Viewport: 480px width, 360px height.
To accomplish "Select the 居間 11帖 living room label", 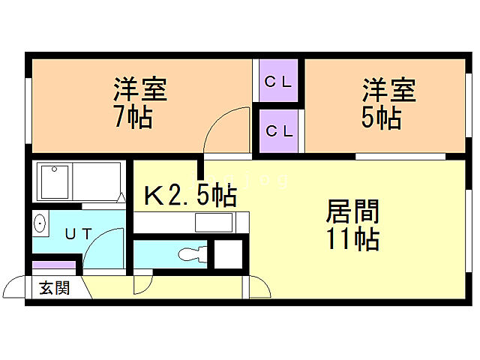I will coord(351,225).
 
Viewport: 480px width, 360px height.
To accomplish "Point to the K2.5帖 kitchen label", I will coord(190,196).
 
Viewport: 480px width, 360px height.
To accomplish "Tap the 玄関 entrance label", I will coord(54,287).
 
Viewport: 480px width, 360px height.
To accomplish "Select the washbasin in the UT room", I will coord(40,223).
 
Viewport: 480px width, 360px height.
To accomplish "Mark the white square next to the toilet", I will coord(228,254).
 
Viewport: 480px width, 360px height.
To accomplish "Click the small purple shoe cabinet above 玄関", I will coord(55,265).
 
